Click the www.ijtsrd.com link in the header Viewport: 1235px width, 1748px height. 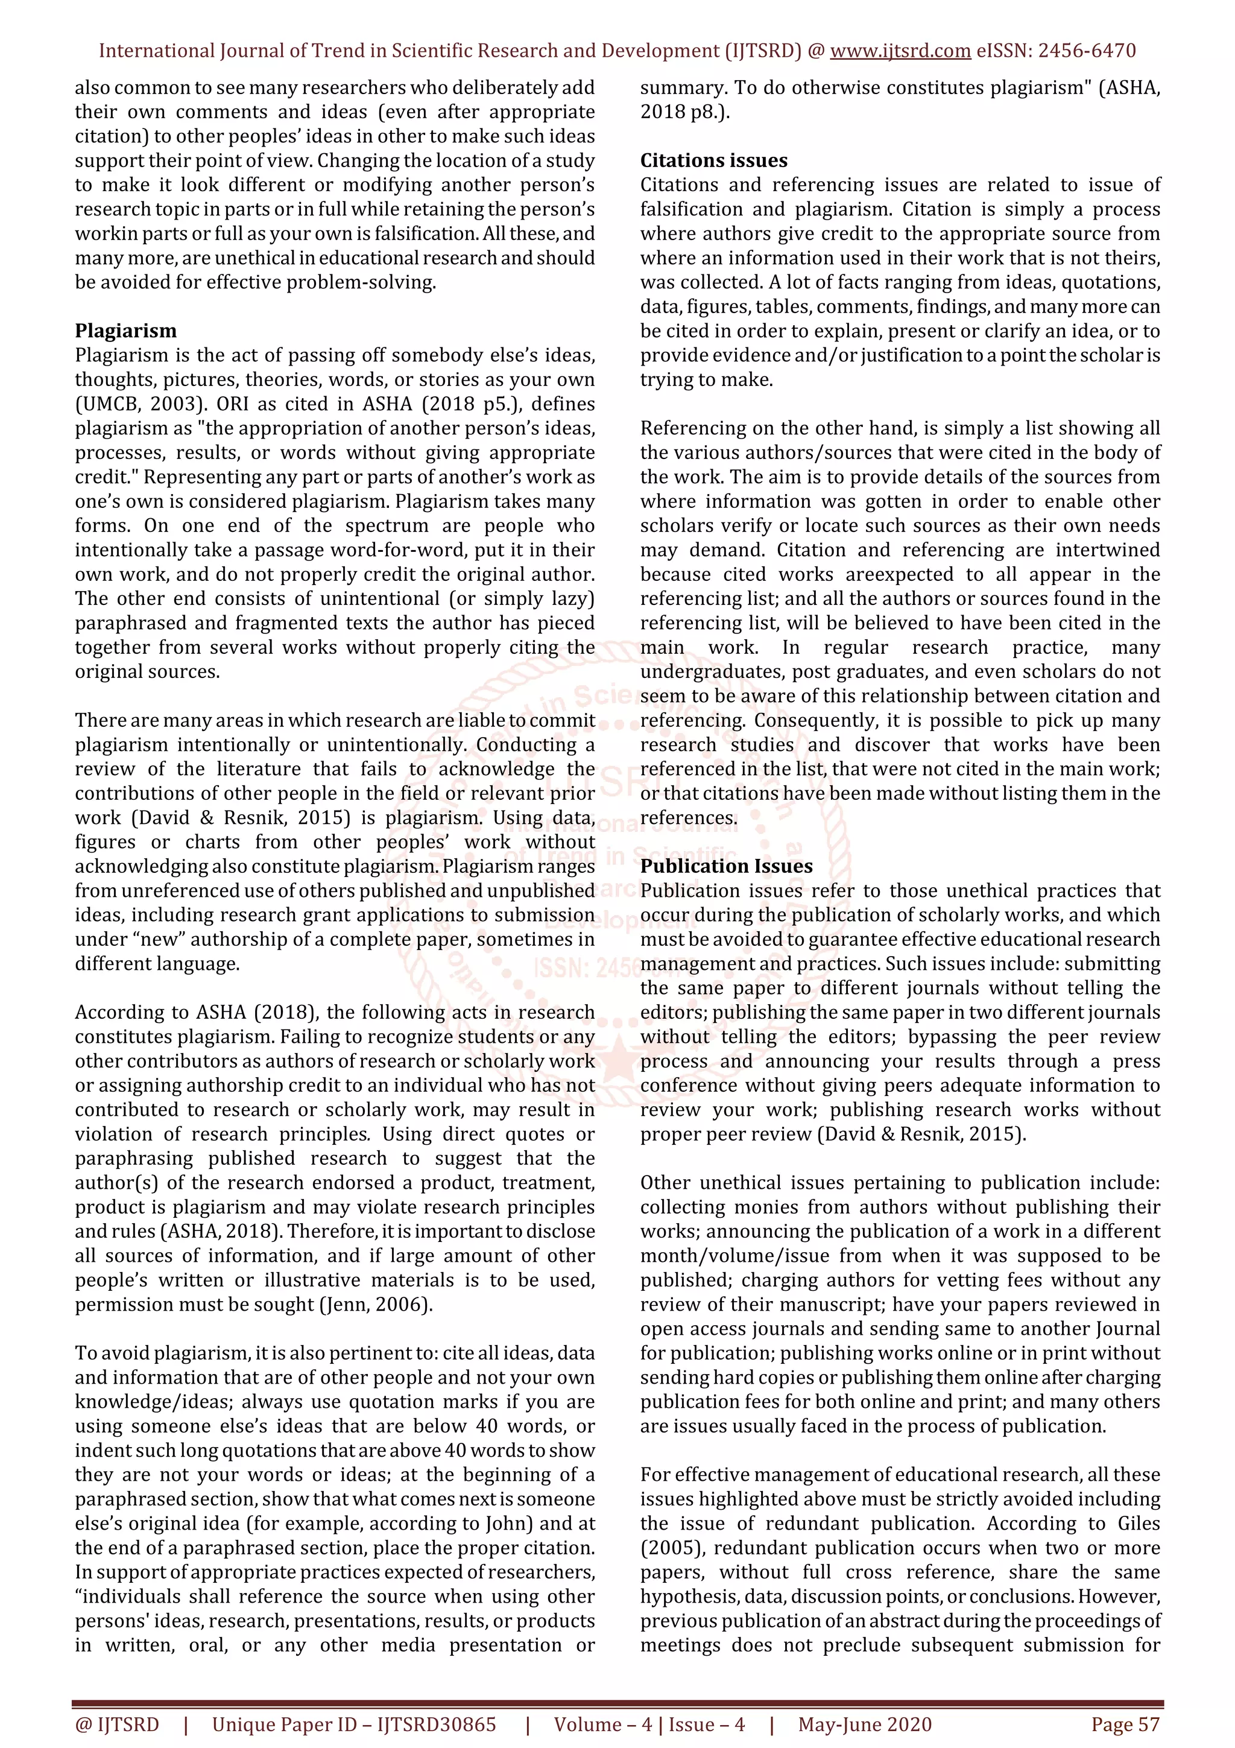coord(900,51)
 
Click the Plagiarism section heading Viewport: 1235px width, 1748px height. coord(125,331)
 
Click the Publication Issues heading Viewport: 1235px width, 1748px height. coord(726,866)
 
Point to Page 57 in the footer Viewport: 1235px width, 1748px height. coord(1125,1724)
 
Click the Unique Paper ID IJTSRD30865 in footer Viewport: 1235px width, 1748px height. coord(354,1724)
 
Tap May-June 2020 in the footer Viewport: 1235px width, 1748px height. coord(864,1724)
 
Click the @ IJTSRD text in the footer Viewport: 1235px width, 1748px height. coord(117,1724)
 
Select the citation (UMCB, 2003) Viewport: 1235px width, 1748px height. coord(140,404)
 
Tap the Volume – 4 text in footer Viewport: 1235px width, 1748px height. coord(602,1724)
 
